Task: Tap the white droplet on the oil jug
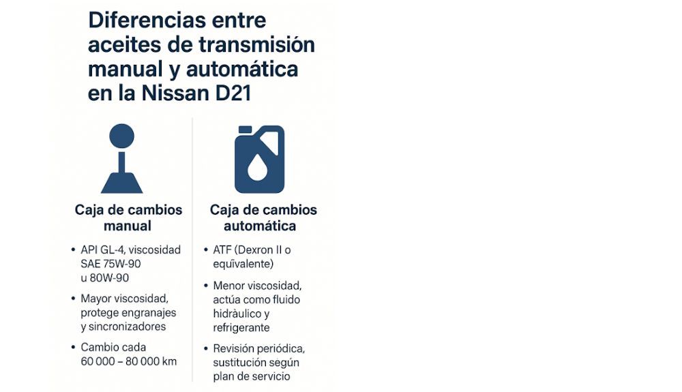pyautogui.click(x=256, y=168)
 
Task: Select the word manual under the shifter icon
pyautogui.click(x=128, y=226)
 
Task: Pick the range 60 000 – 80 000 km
pyautogui.click(x=128, y=361)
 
